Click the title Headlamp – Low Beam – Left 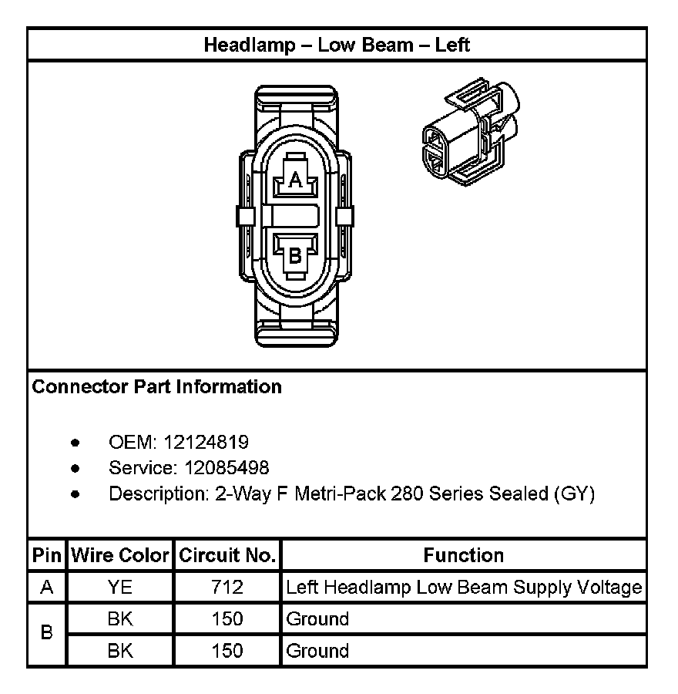coord(337,45)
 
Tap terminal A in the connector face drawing coord(295,180)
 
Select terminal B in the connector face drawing coord(295,254)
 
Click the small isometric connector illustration coord(470,131)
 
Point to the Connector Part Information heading coord(157,386)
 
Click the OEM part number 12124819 coord(206,442)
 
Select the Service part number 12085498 coord(227,468)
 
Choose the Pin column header coord(47,555)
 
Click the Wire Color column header coord(120,555)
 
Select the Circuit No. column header coord(227,555)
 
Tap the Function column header coord(464,555)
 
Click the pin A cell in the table coord(47,588)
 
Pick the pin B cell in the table coord(47,634)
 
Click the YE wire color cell coord(120,588)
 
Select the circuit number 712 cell coord(227,588)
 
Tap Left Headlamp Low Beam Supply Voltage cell coord(464,588)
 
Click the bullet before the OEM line coord(75,443)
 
